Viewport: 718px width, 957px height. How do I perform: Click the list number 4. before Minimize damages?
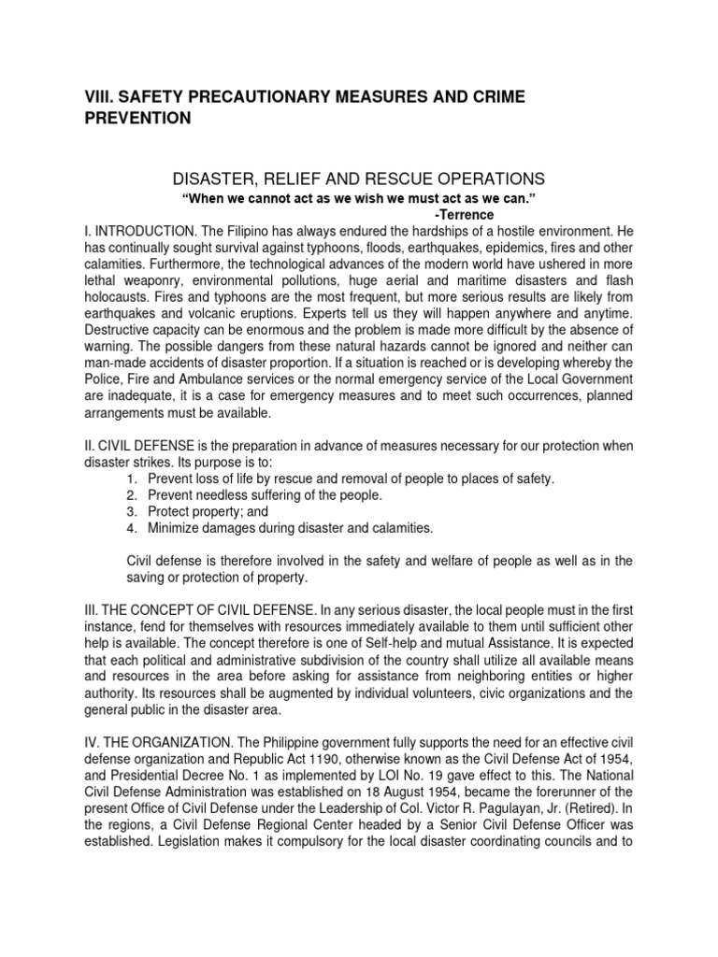point(132,529)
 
